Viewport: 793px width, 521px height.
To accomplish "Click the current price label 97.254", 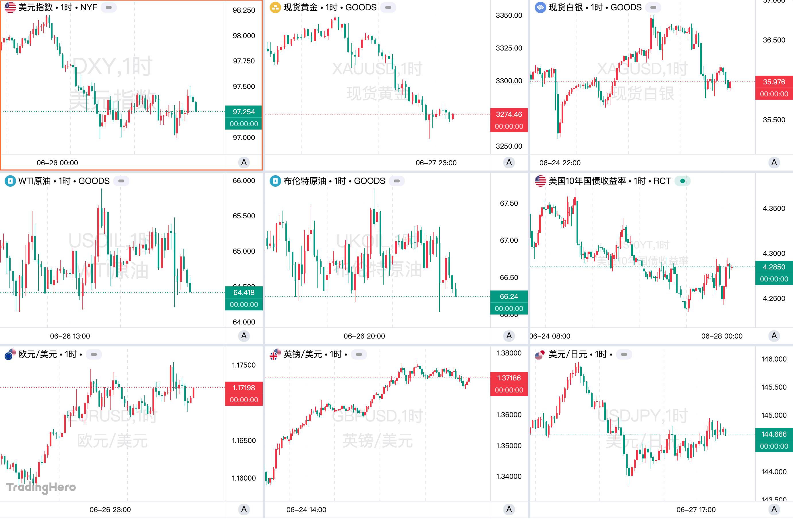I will tap(243, 112).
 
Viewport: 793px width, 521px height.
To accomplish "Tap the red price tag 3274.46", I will tap(508, 114).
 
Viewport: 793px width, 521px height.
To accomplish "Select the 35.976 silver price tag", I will tap(774, 82).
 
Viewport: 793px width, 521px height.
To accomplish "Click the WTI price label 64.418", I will tap(243, 293).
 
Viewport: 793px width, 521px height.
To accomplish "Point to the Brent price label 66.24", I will tap(508, 297).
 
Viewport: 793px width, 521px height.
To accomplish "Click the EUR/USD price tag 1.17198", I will tap(243, 388).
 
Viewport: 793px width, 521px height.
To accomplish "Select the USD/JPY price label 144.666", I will tap(774, 434).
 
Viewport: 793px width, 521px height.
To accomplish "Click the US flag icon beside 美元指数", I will tap(10, 7).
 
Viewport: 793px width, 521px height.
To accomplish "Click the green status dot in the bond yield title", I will tap(682, 181).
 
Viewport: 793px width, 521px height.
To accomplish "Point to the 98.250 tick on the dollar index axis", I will tap(243, 10).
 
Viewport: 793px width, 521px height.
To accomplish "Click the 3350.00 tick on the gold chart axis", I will tap(508, 15).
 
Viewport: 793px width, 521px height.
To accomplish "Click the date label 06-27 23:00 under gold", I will tap(436, 163).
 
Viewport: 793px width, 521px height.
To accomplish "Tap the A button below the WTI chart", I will tap(243, 336).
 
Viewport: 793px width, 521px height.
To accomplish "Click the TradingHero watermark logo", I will tap(41, 487).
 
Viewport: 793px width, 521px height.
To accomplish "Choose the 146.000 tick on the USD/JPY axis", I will tap(774, 359).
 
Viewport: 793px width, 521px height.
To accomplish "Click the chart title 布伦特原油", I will tap(305, 181).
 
